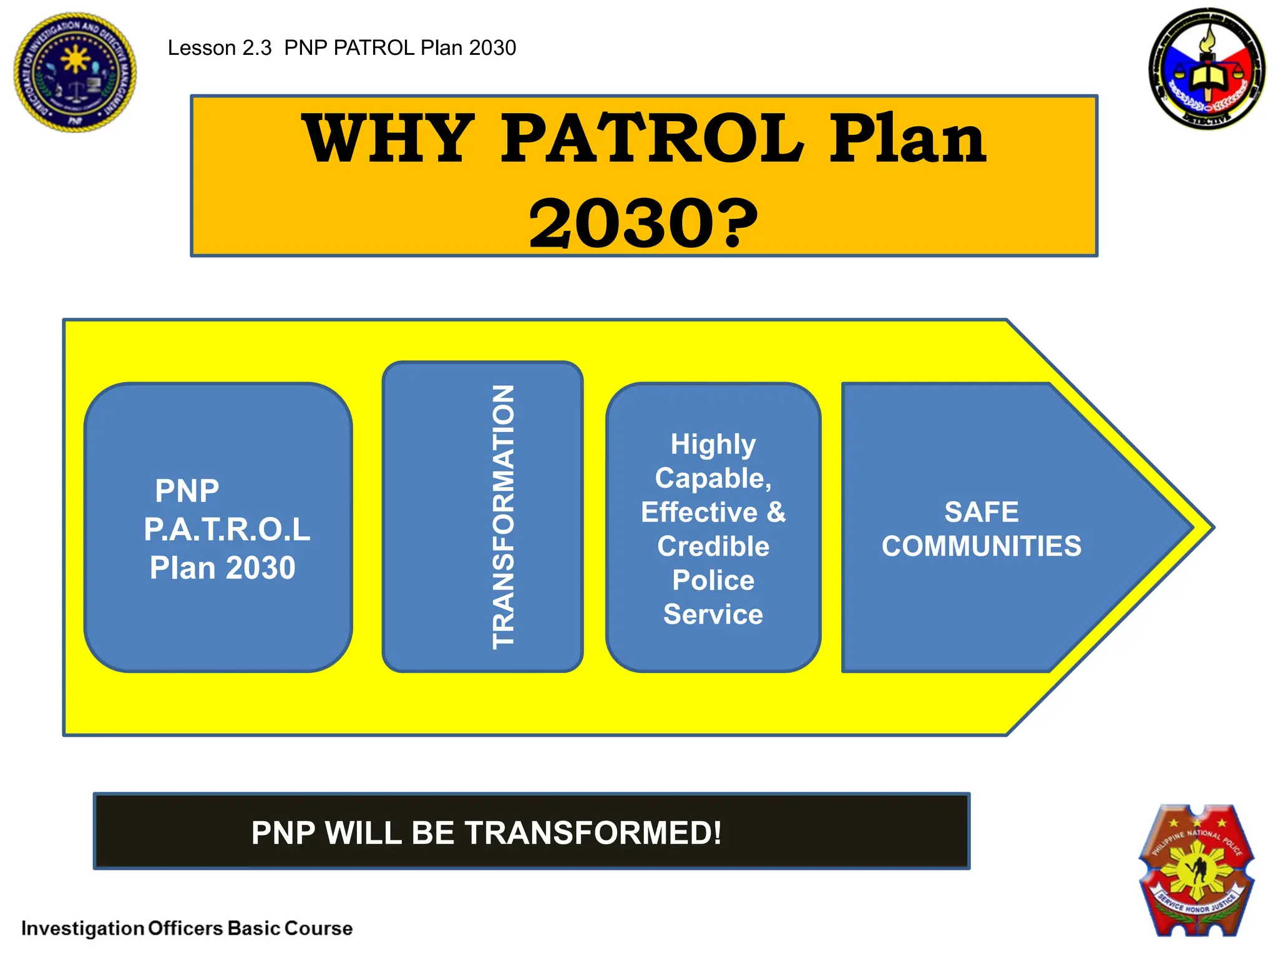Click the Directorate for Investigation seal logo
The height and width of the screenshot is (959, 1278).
(75, 72)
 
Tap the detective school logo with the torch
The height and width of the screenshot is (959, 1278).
(1207, 69)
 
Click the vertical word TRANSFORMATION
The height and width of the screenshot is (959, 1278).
(503, 517)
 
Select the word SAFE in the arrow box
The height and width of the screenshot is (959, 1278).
(981, 513)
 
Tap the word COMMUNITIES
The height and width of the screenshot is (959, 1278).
(981, 546)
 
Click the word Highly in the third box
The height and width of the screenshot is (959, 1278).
(713, 445)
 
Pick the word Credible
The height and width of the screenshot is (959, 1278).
(713, 547)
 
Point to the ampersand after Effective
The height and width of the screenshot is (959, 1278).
(776, 513)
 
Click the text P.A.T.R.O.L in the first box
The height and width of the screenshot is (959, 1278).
(227, 529)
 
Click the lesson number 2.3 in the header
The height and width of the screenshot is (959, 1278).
(256, 48)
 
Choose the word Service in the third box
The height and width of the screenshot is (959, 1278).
(713, 615)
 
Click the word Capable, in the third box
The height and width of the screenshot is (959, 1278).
(713, 479)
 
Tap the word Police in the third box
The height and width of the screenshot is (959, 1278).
(713, 581)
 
